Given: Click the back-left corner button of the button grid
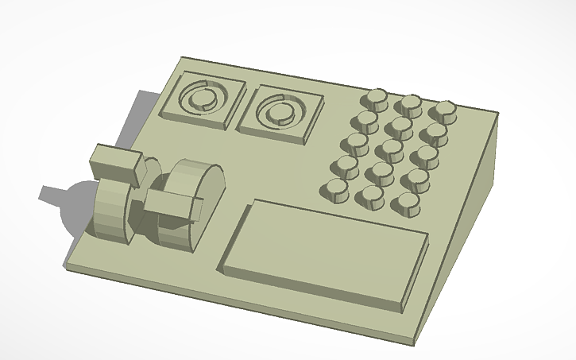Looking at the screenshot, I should (375, 99).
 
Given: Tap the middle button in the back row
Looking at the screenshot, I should (411, 104).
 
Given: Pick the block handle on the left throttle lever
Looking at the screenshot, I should (116, 164).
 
